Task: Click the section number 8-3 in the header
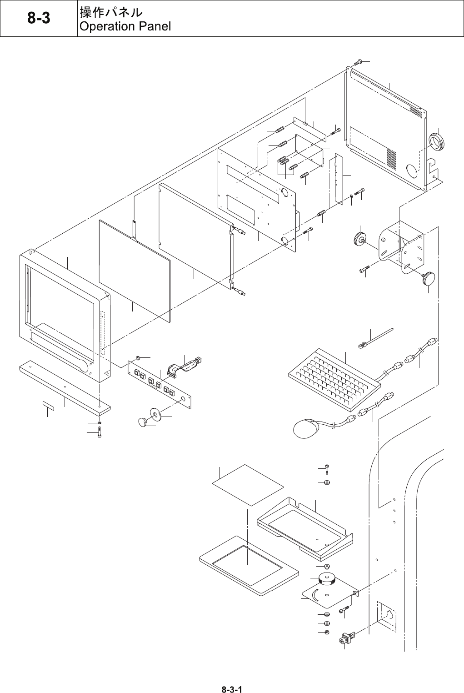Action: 39,18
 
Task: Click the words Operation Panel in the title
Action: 125,26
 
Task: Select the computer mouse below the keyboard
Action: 304,428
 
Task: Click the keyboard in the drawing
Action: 334,375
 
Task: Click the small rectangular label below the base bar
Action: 48,405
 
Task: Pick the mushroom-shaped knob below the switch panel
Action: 144,422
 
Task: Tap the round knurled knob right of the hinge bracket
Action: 428,278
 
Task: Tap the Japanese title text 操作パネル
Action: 111,12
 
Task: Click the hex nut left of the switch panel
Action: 138,357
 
